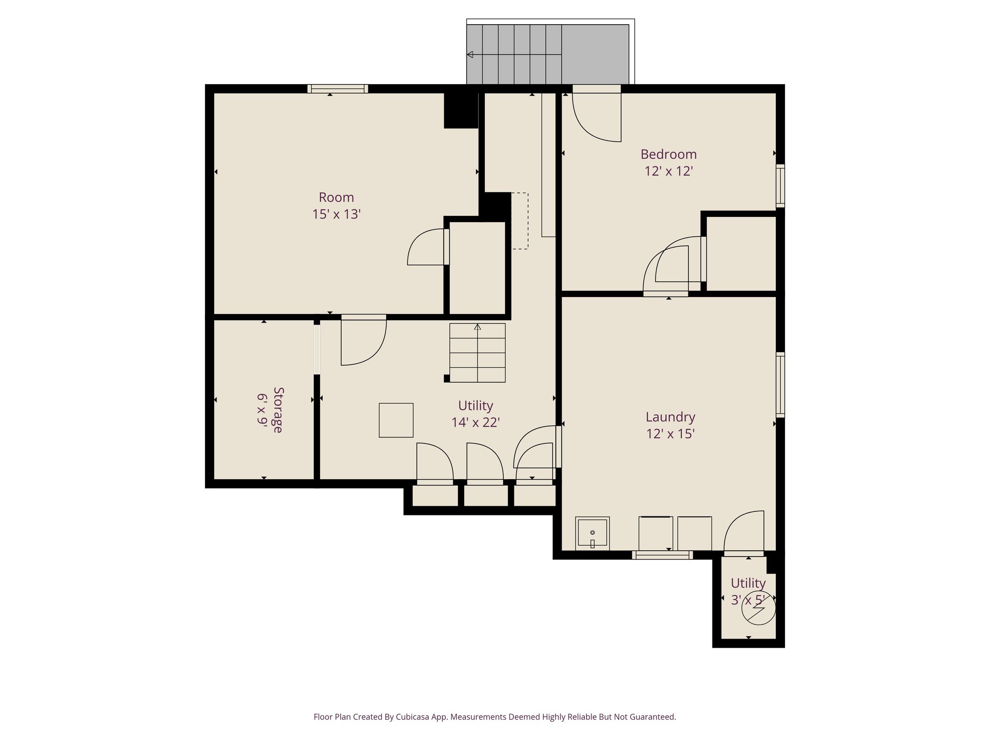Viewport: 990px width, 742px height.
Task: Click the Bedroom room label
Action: click(668, 155)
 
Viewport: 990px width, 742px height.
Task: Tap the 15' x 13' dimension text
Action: click(336, 214)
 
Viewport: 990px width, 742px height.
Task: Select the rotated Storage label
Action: click(277, 410)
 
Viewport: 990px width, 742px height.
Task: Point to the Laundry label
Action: click(670, 417)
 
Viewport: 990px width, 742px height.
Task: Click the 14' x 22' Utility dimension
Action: click(475, 423)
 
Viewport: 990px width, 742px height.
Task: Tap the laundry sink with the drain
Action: click(592, 533)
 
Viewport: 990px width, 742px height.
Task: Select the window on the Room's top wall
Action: click(337, 89)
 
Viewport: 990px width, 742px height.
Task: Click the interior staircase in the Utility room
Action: click(477, 353)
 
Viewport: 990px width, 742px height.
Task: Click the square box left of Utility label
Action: click(396, 420)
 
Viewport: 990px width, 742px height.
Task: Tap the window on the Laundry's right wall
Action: click(780, 385)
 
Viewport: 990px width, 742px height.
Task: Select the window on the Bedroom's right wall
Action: click(780, 186)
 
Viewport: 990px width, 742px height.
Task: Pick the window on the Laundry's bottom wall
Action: click(662, 556)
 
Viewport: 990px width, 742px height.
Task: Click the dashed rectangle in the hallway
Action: click(520, 221)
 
